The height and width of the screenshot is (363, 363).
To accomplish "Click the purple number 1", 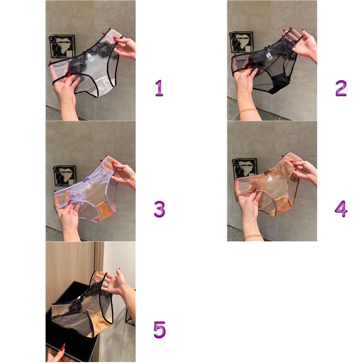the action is coord(159,88).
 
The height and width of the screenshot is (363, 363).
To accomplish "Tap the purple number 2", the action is coord(341,88).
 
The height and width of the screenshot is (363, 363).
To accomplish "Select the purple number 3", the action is coord(160,209).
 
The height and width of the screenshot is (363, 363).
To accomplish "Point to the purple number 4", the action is coord(341,209).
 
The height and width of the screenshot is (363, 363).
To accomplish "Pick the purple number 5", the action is coord(160,330).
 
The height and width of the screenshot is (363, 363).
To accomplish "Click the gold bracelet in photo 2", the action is coord(248,111).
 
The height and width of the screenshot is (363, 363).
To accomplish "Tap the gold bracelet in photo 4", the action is coord(253,236).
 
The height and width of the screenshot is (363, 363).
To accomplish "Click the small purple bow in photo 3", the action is coord(86,179).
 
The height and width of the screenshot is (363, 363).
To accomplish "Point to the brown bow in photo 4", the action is coord(269,172).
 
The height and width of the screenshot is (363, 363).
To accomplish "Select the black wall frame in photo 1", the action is coord(62,46).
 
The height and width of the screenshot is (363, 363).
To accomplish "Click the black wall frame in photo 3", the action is coord(64,176).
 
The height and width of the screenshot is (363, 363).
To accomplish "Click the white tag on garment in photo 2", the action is coord(269,55).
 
